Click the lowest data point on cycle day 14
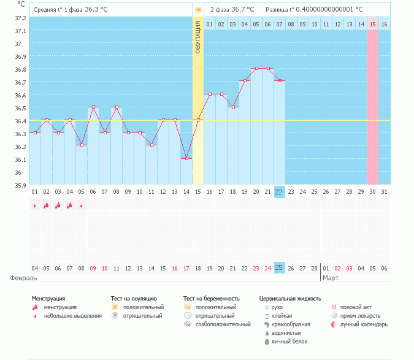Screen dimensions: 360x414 pyautogui.click(x=186, y=158)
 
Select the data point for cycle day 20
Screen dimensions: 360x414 pyautogui.click(x=256, y=68)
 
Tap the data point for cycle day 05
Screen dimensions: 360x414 pyautogui.click(x=82, y=145)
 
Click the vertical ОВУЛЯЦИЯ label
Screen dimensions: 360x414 pyautogui.click(x=197, y=37)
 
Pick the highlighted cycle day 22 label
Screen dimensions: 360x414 pyautogui.click(x=279, y=191)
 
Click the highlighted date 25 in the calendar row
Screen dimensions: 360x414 pyautogui.click(x=279, y=268)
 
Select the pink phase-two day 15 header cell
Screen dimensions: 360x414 pyautogui.click(x=372, y=24)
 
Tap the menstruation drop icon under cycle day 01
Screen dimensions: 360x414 pyautogui.click(x=34, y=205)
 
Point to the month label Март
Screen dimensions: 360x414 pyautogui.click(x=331, y=278)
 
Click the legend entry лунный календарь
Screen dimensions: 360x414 pyautogui.click(x=364, y=324)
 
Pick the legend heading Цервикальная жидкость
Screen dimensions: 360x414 pyautogui.click(x=290, y=298)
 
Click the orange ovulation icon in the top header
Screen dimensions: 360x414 pyautogui.click(x=197, y=10)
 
